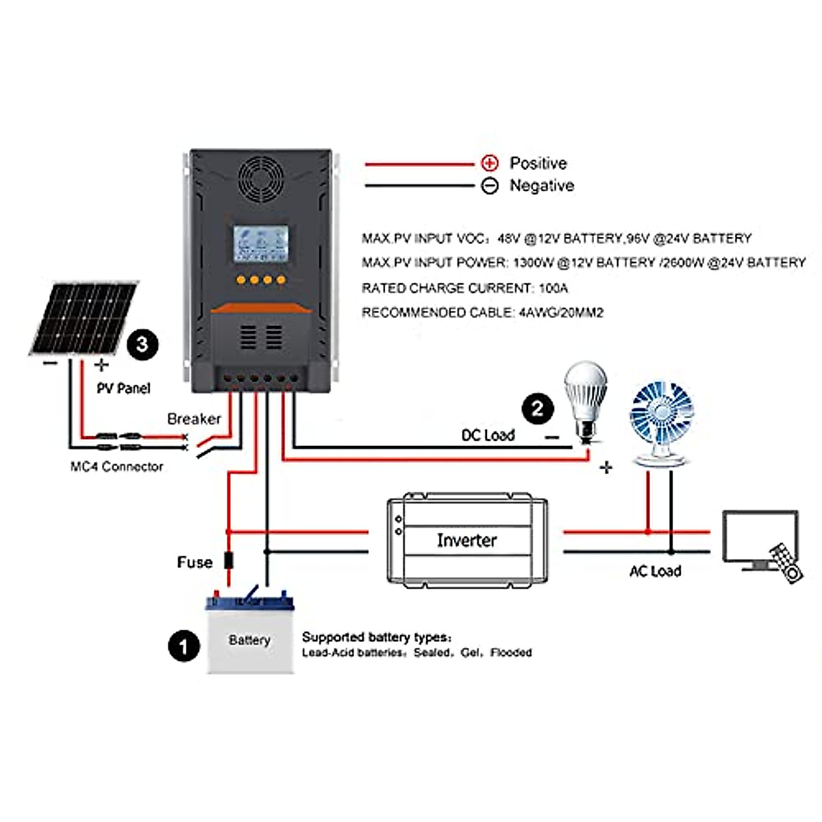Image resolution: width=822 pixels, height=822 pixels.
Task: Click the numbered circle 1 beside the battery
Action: tap(184, 646)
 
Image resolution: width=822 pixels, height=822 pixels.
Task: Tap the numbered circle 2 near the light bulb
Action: tap(538, 409)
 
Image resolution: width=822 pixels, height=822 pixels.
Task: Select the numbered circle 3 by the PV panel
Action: tap(142, 343)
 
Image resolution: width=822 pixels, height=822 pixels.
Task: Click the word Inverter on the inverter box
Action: tap(466, 540)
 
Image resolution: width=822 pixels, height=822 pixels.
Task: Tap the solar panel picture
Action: tap(84, 317)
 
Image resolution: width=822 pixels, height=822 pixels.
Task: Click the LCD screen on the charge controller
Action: tap(260, 243)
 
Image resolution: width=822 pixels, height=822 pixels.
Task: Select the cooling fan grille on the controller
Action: tap(261, 178)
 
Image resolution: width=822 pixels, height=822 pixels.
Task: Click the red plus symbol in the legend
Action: tap(490, 163)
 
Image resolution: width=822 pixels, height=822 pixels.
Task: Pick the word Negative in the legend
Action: tap(541, 186)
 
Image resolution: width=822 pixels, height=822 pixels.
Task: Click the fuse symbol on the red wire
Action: tap(229, 561)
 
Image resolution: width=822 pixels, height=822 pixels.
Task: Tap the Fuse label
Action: tap(195, 562)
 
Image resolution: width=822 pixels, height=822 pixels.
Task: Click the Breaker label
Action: tap(194, 419)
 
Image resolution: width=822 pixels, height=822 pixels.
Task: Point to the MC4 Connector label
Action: tap(116, 466)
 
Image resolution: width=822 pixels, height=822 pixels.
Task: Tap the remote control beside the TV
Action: tap(785, 562)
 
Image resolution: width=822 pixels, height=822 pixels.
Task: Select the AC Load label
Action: tap(655, 571)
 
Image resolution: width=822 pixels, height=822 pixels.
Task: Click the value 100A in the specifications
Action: tap(553, 288)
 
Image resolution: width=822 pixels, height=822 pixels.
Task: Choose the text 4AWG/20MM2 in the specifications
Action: tap(561, 312)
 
